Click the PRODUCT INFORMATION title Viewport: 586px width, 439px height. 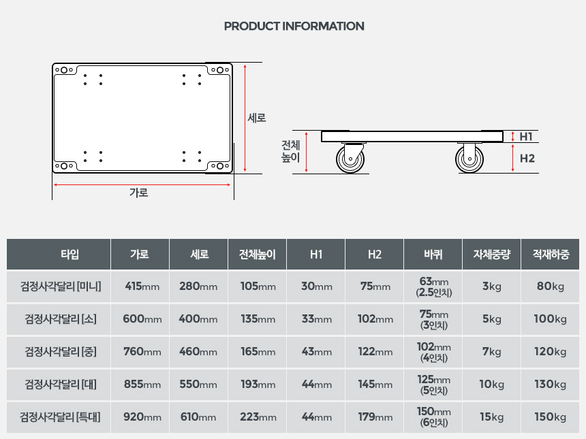tap(294, 26)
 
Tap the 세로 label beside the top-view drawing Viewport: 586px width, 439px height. tap(257, 118)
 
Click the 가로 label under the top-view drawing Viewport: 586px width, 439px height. tap(138, 193)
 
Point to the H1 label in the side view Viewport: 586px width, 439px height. tap(526, 137)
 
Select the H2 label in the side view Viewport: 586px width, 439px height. tap(527, 159)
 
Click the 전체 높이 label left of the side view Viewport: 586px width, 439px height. tap(291, 151)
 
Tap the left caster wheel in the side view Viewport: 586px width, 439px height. tap(350, 159)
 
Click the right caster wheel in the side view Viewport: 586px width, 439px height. tap(469, 159)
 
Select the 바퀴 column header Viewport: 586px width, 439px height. tap(433, 255)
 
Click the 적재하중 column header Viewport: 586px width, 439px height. tap(551, 255)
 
